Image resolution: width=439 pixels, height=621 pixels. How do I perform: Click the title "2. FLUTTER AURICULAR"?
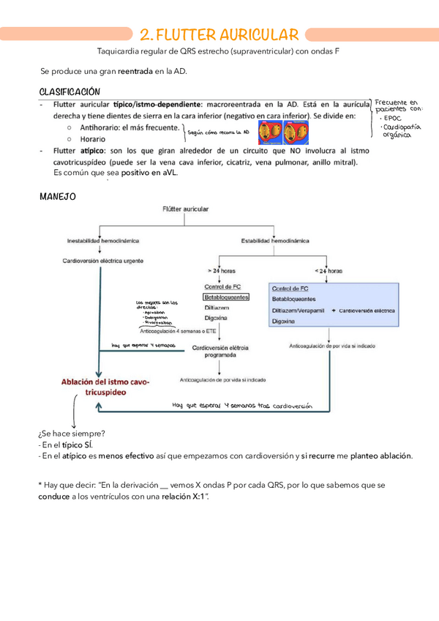coord(219,34)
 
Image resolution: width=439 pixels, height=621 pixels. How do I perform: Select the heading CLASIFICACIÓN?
coord(69,92)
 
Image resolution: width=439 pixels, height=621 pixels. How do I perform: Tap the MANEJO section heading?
coord(56,196)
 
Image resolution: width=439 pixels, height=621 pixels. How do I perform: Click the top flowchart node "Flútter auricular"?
coord(185,209)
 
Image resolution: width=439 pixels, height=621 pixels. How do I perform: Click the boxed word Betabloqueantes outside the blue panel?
coord(227,297)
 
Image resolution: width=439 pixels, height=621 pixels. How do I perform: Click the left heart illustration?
coord(269,133)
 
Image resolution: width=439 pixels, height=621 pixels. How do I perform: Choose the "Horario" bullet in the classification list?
coord(92,138)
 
